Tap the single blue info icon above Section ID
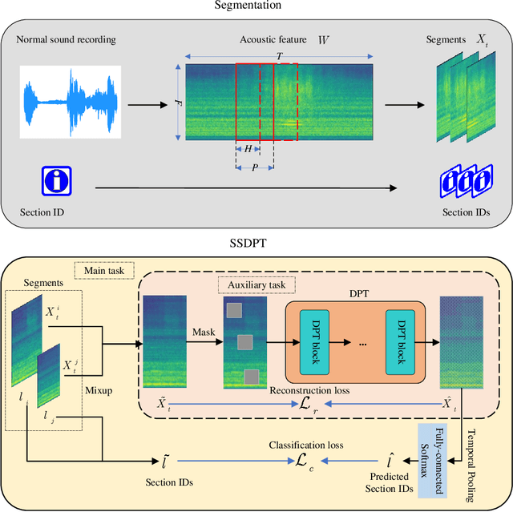pos(57,181)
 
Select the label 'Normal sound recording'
pos(67,39)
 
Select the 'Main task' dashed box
pos(103,270)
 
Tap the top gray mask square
pos(233,310)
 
